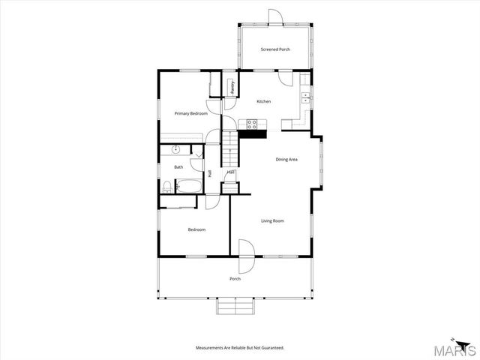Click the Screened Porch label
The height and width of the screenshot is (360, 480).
(275, 49)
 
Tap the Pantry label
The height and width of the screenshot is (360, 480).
(232, 86)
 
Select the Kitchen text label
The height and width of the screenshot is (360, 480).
(263, 101)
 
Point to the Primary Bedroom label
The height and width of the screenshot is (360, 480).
(190, 113)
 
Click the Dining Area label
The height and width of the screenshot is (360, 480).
(286, 159)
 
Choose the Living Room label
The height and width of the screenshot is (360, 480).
(272, 220)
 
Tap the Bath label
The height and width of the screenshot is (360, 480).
(178, 167)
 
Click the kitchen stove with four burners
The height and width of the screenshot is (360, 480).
(252, 124)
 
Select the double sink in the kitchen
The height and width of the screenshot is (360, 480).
(306, 97)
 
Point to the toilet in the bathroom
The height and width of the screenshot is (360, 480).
(166, 185)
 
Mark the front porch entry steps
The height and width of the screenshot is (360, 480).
(235, 307)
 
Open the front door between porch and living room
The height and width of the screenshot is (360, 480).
(247, 256)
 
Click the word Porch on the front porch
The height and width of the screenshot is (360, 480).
(235, 279)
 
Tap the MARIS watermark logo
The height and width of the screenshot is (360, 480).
(457, 349)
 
